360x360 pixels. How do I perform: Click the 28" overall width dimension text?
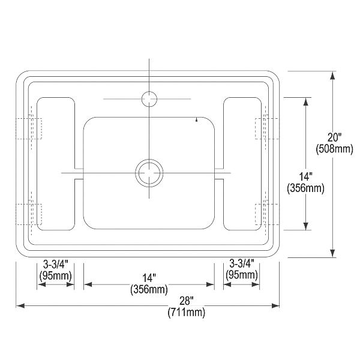coord(187,301)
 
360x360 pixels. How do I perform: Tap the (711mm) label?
coord(187,313)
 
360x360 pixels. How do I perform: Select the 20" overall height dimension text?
coord(334,137)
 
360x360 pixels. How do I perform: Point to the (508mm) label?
coord(334,149)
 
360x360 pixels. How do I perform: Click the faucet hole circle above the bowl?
coord(149,99)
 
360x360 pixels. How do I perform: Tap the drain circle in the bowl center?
coord(149,173)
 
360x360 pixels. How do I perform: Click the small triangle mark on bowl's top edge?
coord(196,119)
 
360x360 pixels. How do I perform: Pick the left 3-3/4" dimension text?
coord(56,264)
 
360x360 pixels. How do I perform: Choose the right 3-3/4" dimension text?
coord(242,263)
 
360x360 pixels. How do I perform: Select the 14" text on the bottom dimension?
coord(149,278)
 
